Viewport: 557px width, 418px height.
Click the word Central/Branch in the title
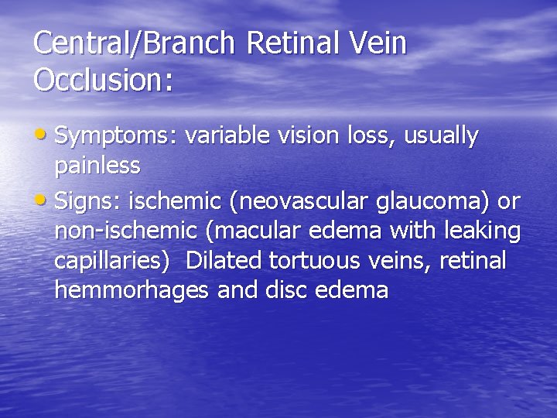coord(134,43)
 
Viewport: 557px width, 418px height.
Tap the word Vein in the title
coord(379,43)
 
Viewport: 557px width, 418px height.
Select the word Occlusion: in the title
coord(103,80)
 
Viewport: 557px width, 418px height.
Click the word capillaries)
coord(112,262)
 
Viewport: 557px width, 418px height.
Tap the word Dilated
coord(225,261)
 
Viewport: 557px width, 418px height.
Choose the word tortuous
coord(320,261)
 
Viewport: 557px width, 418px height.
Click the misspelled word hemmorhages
coord(132,290)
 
